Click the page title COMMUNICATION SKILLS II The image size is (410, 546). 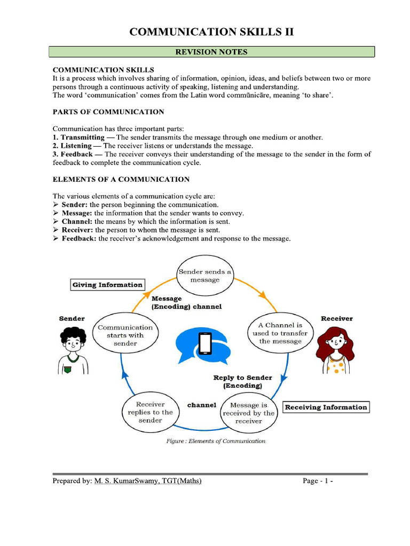click(x=211, y=32)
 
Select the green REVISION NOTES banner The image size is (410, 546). click(x=211, y=52)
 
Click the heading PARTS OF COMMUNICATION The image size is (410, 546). click(x=108, y=112)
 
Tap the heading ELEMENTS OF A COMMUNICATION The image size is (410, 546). click(x=121, y=179)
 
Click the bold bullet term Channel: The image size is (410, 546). click(x=77, y=221)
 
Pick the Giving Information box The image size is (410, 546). click(x=107, y=285)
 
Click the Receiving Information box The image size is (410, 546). click(x=326, y=407)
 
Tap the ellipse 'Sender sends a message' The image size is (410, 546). click(x=205, y=276)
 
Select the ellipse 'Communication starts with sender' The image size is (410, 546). click(x=125, y=335)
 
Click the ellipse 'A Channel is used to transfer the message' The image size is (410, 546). click(x=280, y=333)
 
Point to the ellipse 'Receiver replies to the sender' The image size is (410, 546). click(x=150, y=413)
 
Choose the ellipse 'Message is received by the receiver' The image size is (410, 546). click(x=248, y=413)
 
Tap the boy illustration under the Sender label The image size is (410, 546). click(x=73, y=350)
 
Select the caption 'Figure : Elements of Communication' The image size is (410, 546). click(x=216, y=441)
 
